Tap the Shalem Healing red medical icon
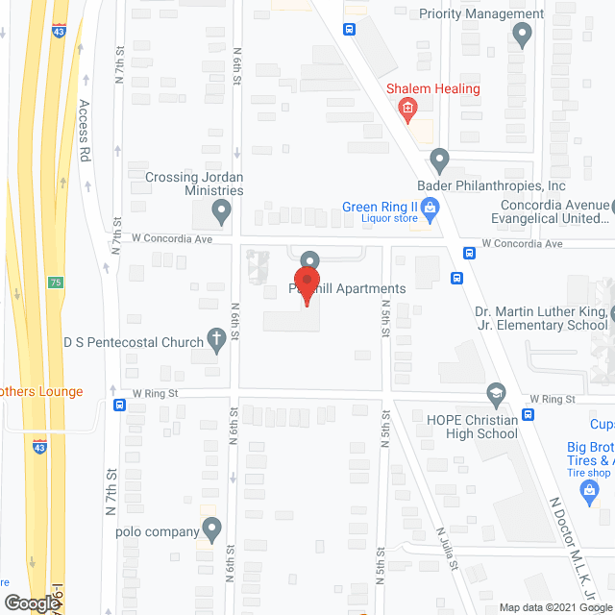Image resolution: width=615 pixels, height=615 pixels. [407, 110]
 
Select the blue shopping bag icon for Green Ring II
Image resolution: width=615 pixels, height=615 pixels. [431, 207]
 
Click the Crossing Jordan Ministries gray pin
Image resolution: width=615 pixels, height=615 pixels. [223, 210]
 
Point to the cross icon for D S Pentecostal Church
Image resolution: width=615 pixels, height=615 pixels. [217, 340]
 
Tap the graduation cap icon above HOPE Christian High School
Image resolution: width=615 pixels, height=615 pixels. [495, 393]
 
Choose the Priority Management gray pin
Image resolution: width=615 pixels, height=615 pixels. [523, 37]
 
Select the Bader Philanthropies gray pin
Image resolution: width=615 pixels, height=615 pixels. [440, 159]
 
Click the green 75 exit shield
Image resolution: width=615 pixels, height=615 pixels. [57, 282]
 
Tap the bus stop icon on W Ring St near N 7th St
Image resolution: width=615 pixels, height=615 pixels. [119, 405]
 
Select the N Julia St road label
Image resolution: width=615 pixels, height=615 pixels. [446, 549]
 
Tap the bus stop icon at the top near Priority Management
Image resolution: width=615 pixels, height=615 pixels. [349, 28]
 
